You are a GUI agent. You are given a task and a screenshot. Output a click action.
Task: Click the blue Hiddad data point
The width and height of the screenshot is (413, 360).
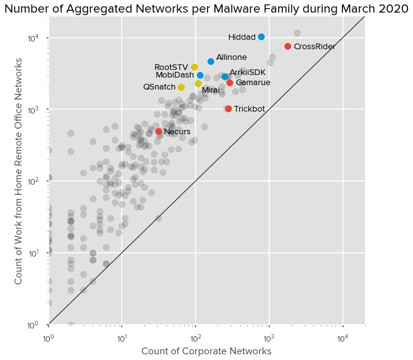(x=261, y=37)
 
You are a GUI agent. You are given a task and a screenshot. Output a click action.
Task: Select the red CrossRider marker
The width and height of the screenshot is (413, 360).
(x=288, y=46)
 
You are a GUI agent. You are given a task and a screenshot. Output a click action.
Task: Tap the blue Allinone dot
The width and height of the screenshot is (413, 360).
(x=211, y=61)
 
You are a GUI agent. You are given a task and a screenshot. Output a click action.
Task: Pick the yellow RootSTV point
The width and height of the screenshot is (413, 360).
(x=194, y=67)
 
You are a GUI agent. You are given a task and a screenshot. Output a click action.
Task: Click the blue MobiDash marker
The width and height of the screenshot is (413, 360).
(x=200, y=75)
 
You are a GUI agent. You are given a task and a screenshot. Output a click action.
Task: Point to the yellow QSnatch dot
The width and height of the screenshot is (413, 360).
(x=181, y=87)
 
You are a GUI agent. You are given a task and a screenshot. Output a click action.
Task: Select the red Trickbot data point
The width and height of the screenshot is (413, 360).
(x=228, y=108)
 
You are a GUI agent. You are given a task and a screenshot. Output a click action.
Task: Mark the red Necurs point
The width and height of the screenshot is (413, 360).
(x=158, y=131)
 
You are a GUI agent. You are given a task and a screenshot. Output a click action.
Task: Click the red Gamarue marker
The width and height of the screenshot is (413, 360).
(x=230, y=83)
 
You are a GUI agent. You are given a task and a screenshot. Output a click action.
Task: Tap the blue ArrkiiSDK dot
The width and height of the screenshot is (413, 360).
(x=224, y=76)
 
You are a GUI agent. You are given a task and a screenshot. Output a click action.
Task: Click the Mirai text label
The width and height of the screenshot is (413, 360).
(x=211, y=91)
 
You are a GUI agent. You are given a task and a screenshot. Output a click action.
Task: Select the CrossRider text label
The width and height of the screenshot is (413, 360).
(x=314, y=47)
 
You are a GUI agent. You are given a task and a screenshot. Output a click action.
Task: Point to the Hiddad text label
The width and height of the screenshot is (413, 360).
(x=241, y=37)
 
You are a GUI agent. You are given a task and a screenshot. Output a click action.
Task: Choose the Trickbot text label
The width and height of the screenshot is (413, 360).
(x=249, y=109)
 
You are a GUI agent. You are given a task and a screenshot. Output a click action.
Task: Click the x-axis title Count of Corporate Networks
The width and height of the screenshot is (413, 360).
(x=206, y=351)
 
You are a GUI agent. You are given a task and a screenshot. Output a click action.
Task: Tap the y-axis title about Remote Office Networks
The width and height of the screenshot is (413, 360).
(x=19, y=170)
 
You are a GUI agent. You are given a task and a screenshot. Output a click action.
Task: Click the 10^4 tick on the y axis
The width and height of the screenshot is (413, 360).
(x=33, y=38)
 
